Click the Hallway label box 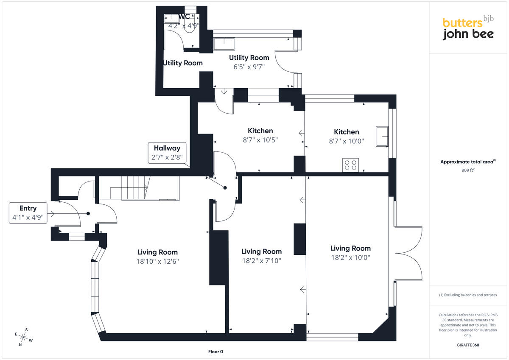[x=167, y=153]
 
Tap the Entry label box [x=28, y=213]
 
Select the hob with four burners [x=350, y=165]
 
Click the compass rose [x=23, y=337]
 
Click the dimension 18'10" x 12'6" [x=157, y=262]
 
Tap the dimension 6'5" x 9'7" [x=249, y=67]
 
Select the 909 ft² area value [x=468, y=170]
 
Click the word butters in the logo [x=462, y=23]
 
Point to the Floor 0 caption [x=215, y=352]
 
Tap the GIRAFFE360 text [x=468, y=345]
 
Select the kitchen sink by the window [x=382, y=136]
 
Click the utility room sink [x=224, y=44]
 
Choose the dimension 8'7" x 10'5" [x=260, y=140]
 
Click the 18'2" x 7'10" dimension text [x=262, y=261]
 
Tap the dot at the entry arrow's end [x=88, y=214]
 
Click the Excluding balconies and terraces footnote [x=468, y=295]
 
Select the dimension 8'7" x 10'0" [x=346, y=141]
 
